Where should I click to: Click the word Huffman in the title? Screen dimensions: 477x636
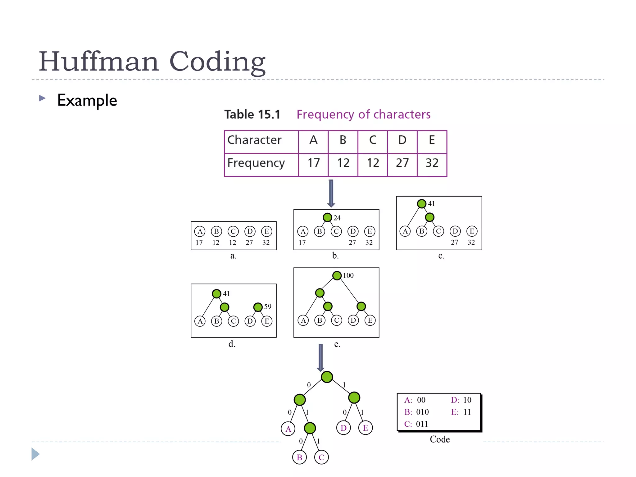99,61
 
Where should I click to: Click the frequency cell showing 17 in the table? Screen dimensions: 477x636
313,163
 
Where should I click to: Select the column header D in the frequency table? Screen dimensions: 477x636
402,140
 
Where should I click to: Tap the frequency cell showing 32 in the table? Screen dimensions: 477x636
432,163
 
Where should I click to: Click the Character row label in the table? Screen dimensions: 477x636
254,140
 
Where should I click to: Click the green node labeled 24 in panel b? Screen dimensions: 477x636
327,217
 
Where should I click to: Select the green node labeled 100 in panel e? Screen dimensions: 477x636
337,275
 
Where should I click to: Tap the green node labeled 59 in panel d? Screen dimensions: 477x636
258,307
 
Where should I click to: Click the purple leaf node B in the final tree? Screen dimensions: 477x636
299,457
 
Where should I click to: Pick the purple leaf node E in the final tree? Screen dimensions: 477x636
366,428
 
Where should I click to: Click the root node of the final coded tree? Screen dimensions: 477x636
327,377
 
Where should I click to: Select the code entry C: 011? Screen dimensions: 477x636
416,424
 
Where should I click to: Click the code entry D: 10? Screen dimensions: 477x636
461,400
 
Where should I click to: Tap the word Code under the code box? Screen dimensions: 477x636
440,439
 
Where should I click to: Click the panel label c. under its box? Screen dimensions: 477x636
441,256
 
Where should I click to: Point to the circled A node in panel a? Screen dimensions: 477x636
200,231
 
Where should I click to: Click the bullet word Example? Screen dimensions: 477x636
87,100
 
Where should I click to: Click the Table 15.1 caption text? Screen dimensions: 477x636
252,114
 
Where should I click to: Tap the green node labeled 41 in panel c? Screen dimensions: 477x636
421,204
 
